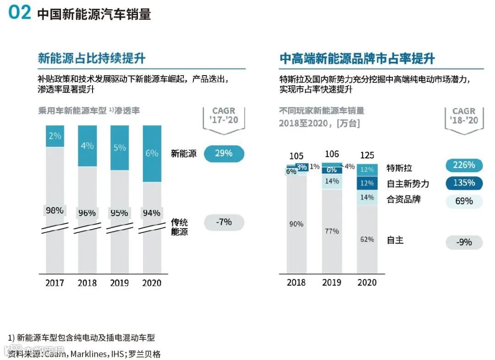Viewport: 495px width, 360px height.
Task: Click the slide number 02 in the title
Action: (19, 13)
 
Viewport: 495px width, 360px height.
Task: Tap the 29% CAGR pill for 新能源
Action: (224, 153)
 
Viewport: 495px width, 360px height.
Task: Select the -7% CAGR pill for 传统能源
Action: (224, 222)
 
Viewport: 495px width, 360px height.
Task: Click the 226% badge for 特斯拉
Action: (464, 165)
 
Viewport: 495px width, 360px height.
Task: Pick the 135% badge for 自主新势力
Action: (464, 183)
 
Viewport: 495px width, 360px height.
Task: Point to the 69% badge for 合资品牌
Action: (464, 201)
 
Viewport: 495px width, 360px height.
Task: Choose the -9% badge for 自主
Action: (464, 242)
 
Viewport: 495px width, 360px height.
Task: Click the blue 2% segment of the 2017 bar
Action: (55, 136)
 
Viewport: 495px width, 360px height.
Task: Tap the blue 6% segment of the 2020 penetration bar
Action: (152, 153)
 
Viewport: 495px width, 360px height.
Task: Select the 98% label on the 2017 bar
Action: (55, 211)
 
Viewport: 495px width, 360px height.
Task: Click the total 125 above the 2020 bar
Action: (367, 155)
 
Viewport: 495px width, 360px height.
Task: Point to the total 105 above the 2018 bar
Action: (297, 156)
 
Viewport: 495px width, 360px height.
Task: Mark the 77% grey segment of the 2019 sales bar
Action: (332, 231)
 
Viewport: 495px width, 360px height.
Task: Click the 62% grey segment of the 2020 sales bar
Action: (367, 239)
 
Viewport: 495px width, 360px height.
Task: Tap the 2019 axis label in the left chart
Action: (119, 283)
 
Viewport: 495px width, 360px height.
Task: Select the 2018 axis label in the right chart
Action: (296, 283)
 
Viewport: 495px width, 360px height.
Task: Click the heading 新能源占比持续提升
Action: (92, 59)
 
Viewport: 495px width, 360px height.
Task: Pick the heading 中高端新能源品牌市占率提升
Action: (357, 59)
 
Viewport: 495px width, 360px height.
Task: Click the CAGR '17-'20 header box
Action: (224, 116)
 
